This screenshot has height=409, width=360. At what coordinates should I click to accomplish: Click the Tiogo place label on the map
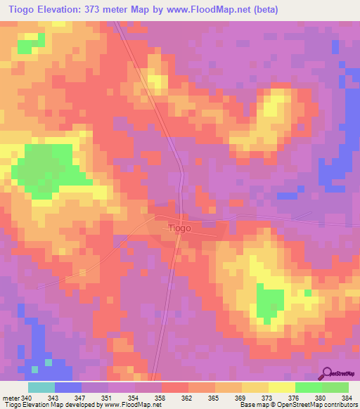click(179, 228)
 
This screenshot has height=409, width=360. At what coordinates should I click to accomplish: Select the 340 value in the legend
click(32, 398)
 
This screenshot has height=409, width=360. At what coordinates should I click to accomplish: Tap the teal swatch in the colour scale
click(41, 387)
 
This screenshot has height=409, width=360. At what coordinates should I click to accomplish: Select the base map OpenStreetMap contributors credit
click(298, 405)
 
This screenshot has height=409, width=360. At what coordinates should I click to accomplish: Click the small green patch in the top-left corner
click(30, 46)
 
